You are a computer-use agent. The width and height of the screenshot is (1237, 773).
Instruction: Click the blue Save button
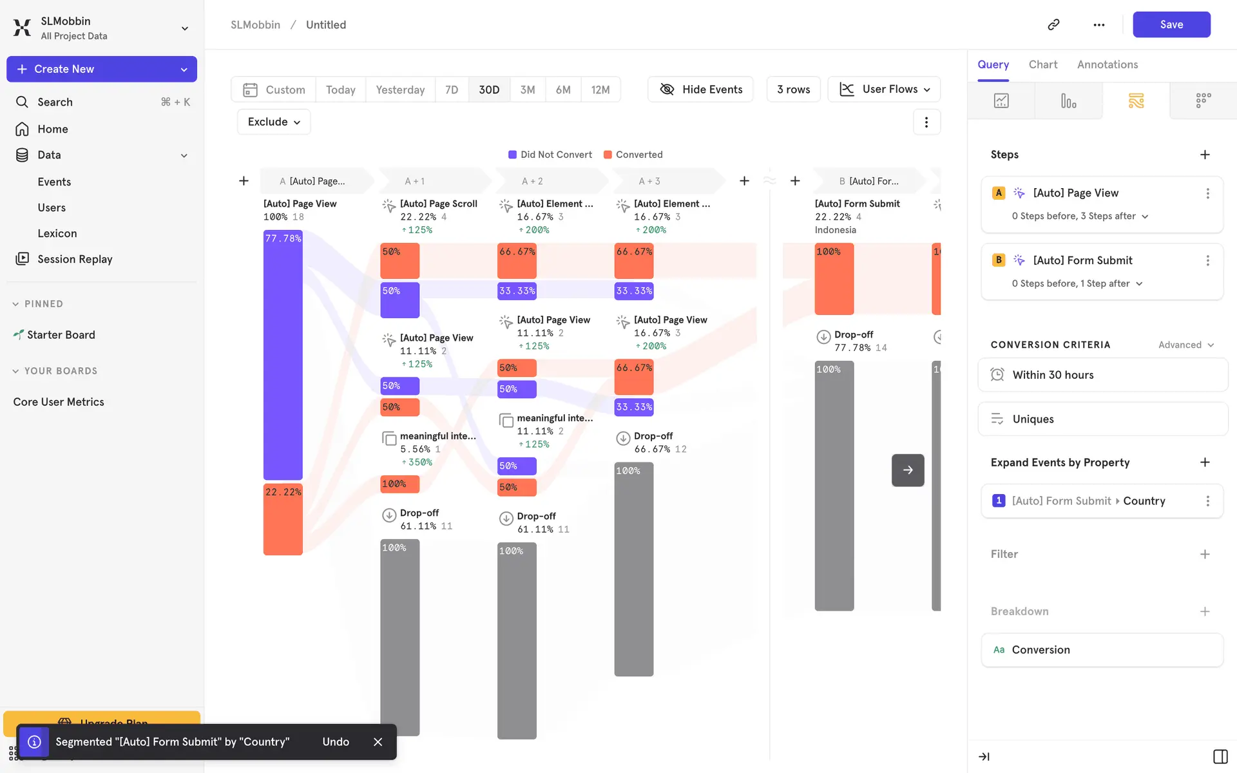point(1171,24)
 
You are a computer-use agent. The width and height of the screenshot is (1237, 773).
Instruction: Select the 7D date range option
point(452,90)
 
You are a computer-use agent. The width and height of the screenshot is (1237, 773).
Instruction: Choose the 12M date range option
point(600,90)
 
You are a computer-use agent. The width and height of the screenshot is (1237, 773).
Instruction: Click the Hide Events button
point(700,90)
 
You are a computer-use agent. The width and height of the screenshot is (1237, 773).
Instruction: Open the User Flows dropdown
point(884,90)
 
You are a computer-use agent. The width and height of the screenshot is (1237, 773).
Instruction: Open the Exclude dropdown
point(274,122)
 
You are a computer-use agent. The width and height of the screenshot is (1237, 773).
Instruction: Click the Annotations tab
point(1107,64)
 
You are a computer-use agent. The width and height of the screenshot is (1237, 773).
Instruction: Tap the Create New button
point(101,69)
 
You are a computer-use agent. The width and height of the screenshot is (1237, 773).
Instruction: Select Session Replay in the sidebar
point(75,259)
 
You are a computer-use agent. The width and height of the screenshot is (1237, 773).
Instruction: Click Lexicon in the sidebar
point(57,233)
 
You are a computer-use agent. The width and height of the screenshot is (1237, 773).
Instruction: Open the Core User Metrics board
point(59,402)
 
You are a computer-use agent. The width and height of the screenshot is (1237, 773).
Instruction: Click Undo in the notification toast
point(336,741)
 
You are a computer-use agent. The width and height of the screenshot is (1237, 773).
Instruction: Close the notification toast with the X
point(378,741)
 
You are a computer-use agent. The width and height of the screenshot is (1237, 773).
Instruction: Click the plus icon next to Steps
point(1205,155)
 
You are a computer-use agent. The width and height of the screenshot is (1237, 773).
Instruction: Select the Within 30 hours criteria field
point(1102,375)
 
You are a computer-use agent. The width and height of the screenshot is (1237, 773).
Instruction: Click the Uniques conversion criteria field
point(1102,419)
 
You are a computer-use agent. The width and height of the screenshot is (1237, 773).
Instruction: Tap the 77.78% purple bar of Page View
point(283,354)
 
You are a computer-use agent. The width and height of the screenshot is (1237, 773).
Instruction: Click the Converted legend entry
point(633,155)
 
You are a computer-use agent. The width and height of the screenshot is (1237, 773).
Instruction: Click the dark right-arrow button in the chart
point(908,470)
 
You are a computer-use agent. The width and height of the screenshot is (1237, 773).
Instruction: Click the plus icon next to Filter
point(1205,554)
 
